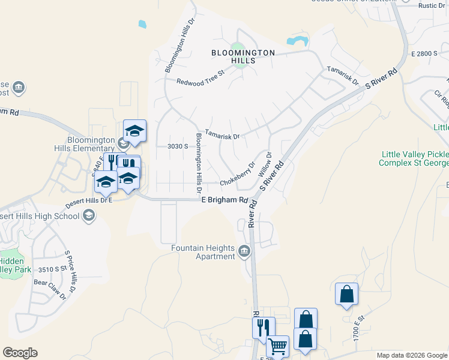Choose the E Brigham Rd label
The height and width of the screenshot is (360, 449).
coord(224,200)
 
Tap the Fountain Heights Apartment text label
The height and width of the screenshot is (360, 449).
coord(203,252)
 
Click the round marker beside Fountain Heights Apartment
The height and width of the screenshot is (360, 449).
coord(244,251)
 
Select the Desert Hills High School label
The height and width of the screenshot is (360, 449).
coord(40,216)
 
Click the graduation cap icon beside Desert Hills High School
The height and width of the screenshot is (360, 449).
coord(89,215)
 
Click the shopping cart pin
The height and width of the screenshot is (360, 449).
coord(277,346)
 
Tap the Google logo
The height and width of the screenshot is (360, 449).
coord(20,353)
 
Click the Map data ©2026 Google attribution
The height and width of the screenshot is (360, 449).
coord(412,355)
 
